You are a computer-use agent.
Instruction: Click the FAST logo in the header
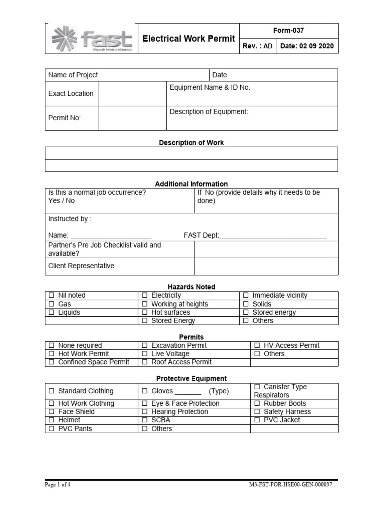(93, 39)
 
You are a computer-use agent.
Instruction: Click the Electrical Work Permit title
(189, 38)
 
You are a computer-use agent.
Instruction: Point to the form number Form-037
(289, 30)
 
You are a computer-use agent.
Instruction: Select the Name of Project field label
(73, 75)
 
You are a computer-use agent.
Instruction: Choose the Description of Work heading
(191, 143)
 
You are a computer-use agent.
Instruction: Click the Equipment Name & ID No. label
(210, 88)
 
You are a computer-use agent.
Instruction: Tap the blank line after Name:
(111, 235)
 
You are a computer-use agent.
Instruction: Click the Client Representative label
(81, 266)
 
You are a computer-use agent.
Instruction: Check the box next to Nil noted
(51, 296)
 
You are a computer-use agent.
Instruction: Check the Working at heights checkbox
(144, 304)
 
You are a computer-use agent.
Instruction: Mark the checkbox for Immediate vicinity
(246, 296)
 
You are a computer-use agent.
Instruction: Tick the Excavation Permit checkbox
(144, 346)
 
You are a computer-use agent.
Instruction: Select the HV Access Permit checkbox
(257, 346)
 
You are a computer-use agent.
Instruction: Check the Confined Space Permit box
(51, 362)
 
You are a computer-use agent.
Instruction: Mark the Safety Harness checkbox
(257, 412)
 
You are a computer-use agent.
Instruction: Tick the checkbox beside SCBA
(144, 420)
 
